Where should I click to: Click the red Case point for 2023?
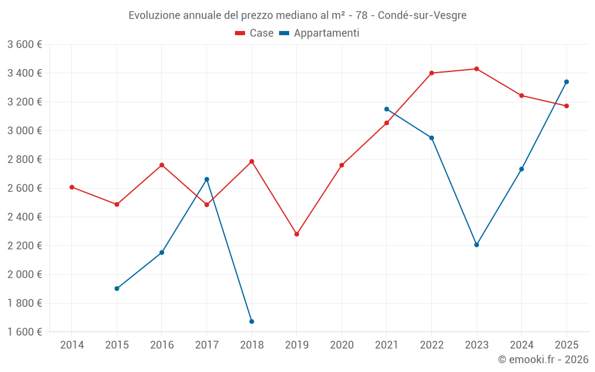point(477,69)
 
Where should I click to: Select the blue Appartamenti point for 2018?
point(252,321)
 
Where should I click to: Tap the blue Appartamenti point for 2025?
point(566,82)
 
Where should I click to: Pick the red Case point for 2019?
point(297,235)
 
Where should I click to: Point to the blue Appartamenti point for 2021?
point(387,109)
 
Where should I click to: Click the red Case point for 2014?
point(72,187)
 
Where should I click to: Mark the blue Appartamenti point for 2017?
point(207,179)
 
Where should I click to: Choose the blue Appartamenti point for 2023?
point(477,245)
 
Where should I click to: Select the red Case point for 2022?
point(431,73)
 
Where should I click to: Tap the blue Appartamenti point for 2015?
point(117,289)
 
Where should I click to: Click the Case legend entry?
point(255,33)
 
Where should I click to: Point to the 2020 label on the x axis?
point(342,345)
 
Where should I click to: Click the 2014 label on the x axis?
point(72,345)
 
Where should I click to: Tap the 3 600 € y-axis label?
point(24,45)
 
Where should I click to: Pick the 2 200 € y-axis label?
point(24,246)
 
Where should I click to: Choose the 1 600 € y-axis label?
point(24,332)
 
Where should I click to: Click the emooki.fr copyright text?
point(543,360)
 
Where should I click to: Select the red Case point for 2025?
point(566,106)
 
